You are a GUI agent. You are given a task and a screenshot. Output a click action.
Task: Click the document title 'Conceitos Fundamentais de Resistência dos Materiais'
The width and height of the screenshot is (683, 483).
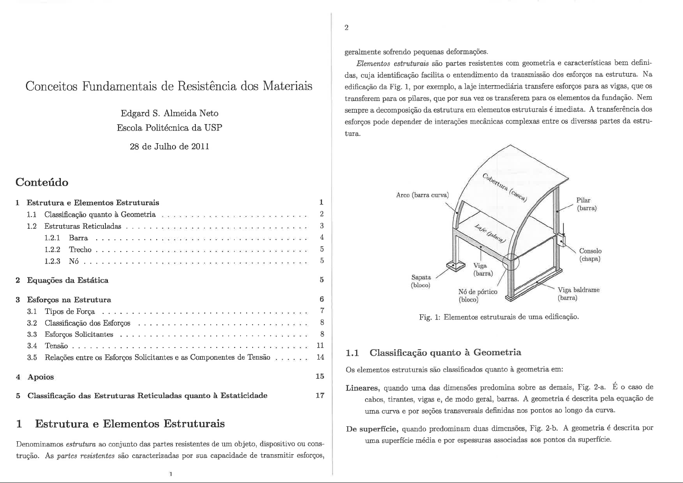169,86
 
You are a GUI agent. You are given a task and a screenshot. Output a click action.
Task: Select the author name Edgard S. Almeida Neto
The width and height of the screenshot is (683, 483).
170,113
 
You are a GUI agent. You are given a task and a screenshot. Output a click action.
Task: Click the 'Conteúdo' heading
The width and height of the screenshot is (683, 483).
41,182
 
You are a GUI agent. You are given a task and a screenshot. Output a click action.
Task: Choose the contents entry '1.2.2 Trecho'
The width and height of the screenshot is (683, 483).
80,249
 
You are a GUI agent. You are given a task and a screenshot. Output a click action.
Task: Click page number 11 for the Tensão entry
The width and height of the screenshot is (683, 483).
320,346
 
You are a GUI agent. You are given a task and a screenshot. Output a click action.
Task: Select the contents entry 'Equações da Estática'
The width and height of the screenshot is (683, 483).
67,280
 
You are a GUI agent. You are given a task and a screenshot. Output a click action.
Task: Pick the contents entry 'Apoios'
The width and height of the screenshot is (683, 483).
40,377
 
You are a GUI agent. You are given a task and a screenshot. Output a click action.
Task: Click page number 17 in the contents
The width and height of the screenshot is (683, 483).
320,395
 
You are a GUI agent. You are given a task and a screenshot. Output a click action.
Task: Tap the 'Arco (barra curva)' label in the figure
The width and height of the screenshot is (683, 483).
422,195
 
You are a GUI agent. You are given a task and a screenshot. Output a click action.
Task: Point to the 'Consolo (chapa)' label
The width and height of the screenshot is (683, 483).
590,255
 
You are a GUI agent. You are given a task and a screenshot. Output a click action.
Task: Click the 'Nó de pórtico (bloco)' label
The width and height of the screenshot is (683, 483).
477,296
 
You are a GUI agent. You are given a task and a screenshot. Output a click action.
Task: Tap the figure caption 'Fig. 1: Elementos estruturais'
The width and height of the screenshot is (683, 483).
498,316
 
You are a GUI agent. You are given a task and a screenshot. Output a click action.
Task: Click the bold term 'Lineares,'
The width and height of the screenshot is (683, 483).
362,388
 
